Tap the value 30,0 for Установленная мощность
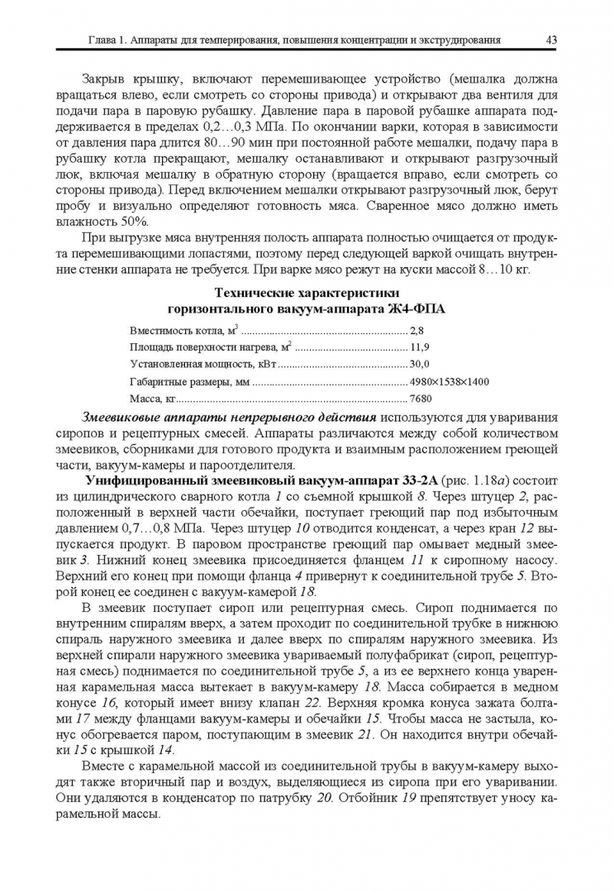(420, 364)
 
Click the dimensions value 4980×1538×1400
(450, 381)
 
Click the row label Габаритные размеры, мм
(189, 381)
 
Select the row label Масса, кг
(154, 399)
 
